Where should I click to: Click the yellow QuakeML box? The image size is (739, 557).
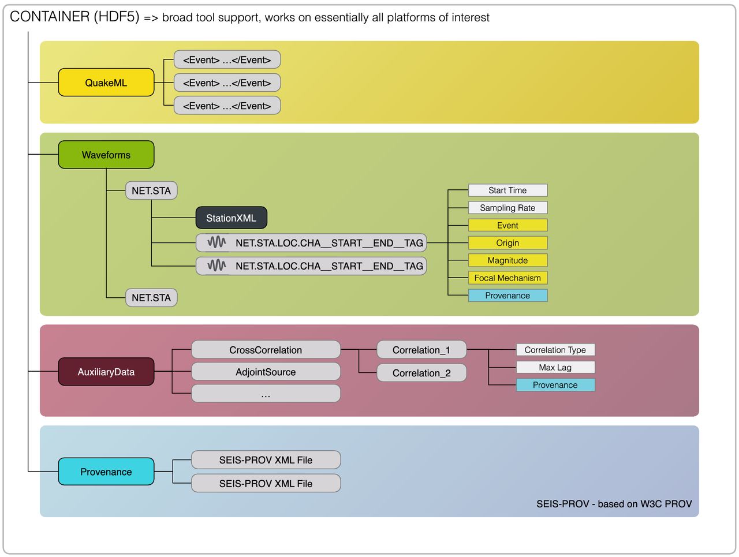point(106,83)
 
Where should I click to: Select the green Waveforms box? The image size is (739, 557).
point(106,155)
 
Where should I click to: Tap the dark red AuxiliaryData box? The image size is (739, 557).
point(106,372)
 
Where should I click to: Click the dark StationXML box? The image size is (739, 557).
point(231,218)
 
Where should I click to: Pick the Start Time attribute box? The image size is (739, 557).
point(507,190)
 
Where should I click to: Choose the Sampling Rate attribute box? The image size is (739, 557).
point(507,208)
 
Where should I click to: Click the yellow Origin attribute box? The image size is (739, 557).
point(507,243)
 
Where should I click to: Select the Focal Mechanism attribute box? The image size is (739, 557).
point(507,278)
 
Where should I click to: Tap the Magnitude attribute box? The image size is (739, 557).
point(507,260)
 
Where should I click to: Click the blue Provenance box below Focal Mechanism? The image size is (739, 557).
point(507,296)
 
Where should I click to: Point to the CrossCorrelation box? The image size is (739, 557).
point(266,350)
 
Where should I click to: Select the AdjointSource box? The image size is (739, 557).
point(266,372)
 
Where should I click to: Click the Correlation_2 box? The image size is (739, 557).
point(421,373)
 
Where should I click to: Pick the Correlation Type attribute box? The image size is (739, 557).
point(555,350)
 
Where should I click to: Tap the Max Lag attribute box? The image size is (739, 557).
point(555,368)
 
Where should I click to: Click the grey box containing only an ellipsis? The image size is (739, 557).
point(266,394)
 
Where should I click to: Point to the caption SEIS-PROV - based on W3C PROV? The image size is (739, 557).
point(614,504)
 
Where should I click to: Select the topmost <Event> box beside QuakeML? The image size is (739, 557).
point(227,60)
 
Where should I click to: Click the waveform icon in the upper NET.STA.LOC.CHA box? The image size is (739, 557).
point(217,243)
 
